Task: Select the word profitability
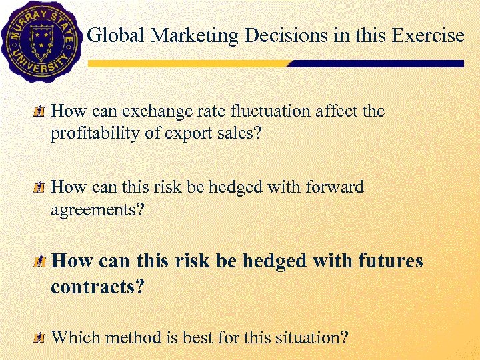point(96,134)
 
